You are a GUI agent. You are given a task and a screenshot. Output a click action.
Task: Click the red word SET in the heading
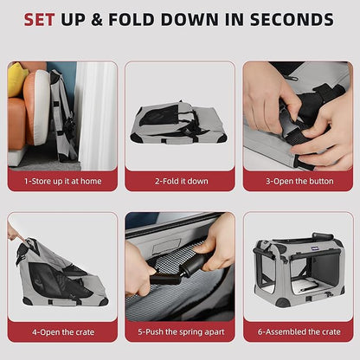39,20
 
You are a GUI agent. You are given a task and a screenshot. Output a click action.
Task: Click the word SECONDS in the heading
292,20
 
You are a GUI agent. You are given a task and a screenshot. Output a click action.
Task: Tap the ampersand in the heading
97,20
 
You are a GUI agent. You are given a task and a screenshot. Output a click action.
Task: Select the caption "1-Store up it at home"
62,181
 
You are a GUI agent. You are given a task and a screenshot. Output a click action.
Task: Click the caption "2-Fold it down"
182,181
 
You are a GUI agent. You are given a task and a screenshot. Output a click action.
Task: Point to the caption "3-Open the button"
299,181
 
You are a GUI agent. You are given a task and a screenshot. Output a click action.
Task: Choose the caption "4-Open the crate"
63,332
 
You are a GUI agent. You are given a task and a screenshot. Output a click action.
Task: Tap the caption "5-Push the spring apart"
181,331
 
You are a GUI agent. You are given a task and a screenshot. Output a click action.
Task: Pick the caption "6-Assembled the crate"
299,331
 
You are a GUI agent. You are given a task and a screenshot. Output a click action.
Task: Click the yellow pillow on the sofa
16,79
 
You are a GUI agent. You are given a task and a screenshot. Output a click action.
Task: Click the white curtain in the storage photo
96,115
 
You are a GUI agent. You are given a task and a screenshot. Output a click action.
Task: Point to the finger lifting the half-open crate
16,234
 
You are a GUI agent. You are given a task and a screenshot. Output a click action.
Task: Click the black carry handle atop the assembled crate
323,236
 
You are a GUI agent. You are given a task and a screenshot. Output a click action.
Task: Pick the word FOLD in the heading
132,20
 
